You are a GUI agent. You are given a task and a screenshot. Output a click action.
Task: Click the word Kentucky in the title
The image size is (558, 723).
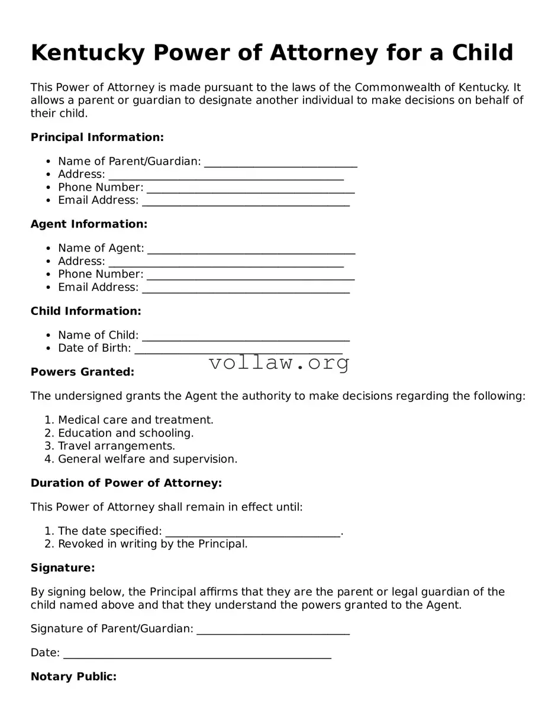[87, 53]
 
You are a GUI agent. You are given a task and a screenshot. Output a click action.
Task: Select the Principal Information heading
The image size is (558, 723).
[97, 137]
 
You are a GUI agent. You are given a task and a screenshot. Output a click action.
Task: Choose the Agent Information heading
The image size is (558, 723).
[89, 224]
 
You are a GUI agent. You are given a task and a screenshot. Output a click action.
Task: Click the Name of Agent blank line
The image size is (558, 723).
[251, 249]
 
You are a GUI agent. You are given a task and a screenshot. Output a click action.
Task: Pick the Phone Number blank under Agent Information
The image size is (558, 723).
[250, 275]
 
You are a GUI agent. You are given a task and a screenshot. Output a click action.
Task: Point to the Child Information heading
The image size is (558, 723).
[86, 311]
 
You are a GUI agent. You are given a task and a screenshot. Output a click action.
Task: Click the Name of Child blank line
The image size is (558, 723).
[246, 336]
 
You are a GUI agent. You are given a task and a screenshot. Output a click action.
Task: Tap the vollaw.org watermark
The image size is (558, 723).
[279, 362]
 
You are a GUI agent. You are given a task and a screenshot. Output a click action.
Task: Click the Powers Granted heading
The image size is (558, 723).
[82, 372]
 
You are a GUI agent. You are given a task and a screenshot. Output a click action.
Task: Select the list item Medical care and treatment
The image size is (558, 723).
[136, 420]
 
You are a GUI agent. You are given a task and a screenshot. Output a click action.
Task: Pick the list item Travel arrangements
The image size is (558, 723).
[117, 446]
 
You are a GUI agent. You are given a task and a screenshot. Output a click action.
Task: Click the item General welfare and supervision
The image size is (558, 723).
[147, 459]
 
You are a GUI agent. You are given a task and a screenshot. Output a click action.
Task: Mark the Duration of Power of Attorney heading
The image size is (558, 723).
[126, 483]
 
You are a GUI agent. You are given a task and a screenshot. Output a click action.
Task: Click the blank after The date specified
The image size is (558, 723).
[253, 532]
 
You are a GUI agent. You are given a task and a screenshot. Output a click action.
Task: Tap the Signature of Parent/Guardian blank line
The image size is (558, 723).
[273, 629]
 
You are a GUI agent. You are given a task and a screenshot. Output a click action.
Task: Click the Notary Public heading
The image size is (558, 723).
[73, 676]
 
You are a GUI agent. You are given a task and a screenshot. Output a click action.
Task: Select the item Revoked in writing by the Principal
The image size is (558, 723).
[153, 544]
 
